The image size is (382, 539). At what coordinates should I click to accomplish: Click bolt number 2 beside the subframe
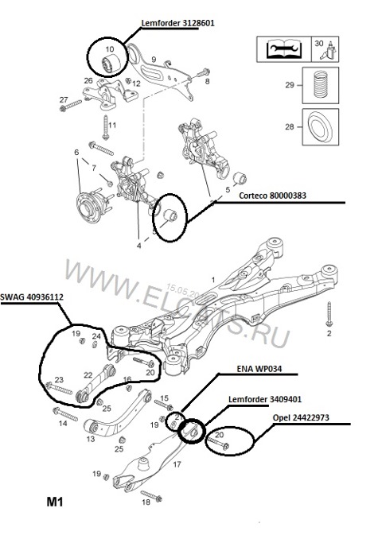coord(328,316)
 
